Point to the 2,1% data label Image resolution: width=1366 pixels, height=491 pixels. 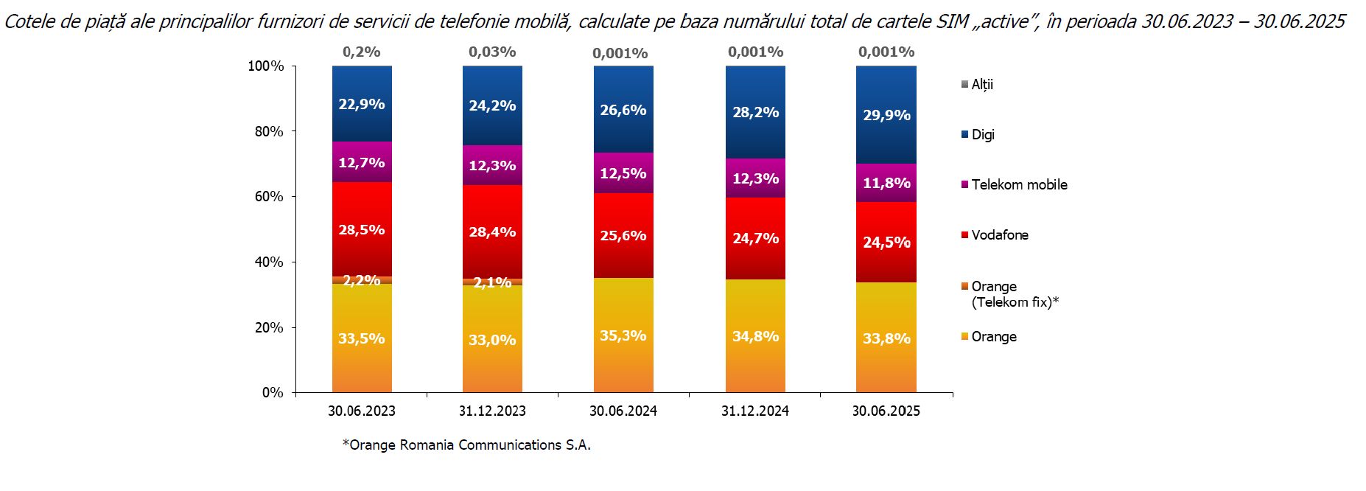pos(492,282)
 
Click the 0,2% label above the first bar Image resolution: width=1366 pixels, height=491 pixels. pos(361,52)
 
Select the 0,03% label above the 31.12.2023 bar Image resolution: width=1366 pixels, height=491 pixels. pos(492,52)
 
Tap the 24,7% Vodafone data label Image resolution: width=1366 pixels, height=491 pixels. pos(755,238)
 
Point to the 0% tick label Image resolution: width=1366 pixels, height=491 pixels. pos(273,392)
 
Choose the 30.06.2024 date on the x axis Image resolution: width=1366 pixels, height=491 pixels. pos(623,411)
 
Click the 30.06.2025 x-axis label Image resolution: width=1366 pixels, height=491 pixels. pos(886,411)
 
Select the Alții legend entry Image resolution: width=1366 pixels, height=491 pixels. pos(982,85)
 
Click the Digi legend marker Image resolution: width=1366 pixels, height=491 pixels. pos(964,134)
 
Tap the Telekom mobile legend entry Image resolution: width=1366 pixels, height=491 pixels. pos(1019,184)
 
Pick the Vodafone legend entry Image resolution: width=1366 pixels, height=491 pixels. pos(1000,234)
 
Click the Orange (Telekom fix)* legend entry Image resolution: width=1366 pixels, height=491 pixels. pos(1014,293)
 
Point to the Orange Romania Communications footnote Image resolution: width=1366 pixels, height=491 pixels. pos(466,445)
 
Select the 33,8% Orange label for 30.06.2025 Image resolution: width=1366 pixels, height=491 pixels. pos(886,338)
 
